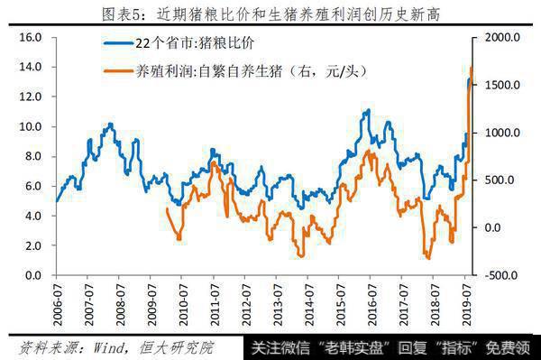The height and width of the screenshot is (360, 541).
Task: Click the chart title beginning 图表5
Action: click(x=270, y=13)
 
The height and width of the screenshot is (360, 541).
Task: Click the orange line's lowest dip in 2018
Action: click(x=427, y=258)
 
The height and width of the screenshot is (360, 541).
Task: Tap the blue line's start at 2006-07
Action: click(x=56, y=201)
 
